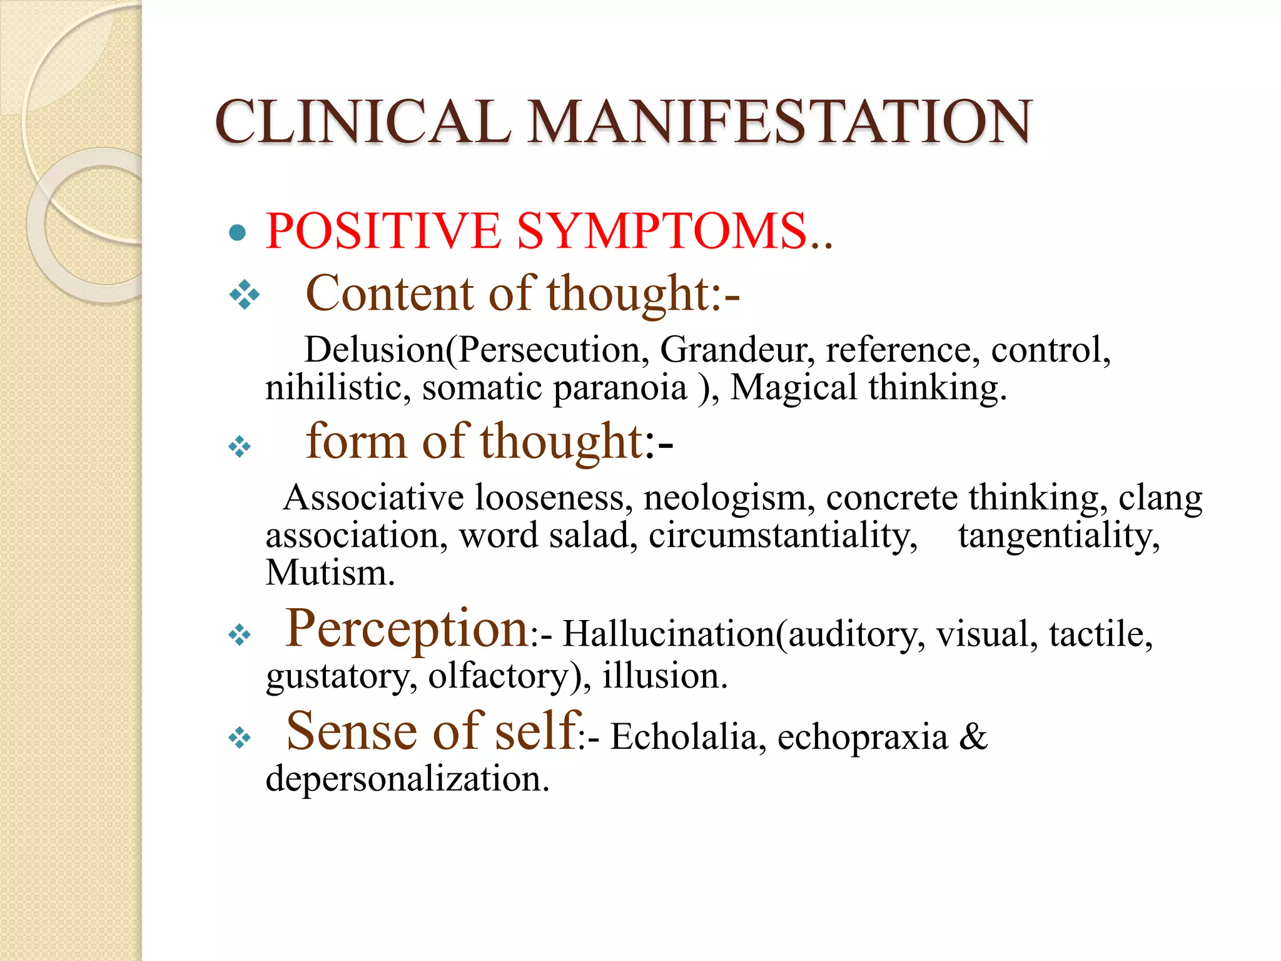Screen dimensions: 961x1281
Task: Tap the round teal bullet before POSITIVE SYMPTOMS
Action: pos(237,233)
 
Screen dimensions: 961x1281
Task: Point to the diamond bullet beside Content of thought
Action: pos(244,294)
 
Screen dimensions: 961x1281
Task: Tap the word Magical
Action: pos(793,387)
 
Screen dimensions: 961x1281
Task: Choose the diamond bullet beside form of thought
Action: pos(240,447)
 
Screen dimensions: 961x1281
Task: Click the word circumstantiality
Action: pos(782,536)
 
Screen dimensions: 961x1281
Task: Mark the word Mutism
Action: pos(330,572)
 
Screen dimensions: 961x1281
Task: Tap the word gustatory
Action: pos(342,676)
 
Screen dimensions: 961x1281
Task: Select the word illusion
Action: pos(665,676)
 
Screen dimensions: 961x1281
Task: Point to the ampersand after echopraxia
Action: pos(973,736)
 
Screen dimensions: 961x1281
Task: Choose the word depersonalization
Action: pos(407,779)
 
